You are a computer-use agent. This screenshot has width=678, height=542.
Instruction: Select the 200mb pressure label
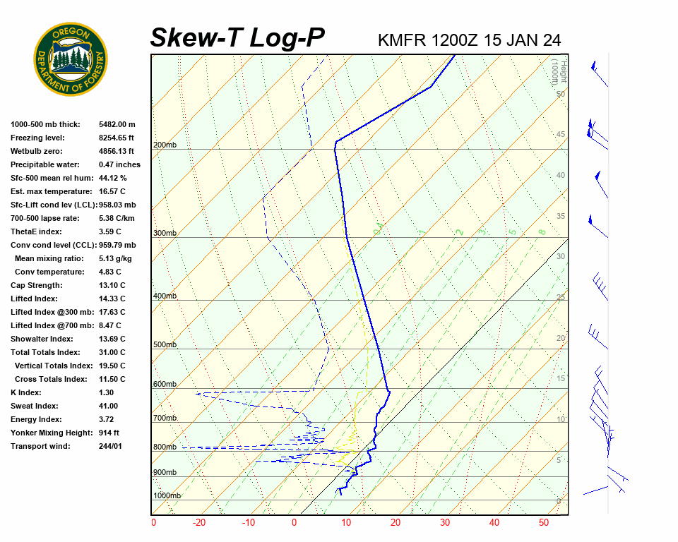pyautogui.click(x=165, y=145)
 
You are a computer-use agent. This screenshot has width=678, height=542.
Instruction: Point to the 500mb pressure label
pyautogui.click(x=165, y=345)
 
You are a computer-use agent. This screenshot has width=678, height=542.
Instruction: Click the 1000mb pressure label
pyautogui.click(x=167, y=495)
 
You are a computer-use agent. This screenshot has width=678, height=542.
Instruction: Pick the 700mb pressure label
pyautogui.click(x=165, y=418)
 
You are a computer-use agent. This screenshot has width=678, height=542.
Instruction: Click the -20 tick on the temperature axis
pyautogui.click(x=199, y=523)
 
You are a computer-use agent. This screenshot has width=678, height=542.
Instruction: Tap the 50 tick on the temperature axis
pyautogui.click(x=544, y=523)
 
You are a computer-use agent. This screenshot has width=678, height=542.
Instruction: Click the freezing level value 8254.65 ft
pyautogui.click(x=117, y=138)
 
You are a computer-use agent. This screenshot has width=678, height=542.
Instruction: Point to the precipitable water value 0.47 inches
pyautogui.click(x=119, y=164)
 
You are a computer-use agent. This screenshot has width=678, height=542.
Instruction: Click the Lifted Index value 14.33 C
pyautogui.click(x=112, y=299)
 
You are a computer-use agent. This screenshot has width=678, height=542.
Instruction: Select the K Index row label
pyautogui.click(x=26, y=392)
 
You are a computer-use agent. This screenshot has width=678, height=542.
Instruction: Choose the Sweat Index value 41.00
pyautogui.click(x=109, y=406)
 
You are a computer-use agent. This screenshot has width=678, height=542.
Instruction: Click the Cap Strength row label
pyautogui.click(x=37, y=285)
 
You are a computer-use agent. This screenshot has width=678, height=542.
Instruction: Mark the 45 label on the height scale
pyautogui.click(x=561, y=135)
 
